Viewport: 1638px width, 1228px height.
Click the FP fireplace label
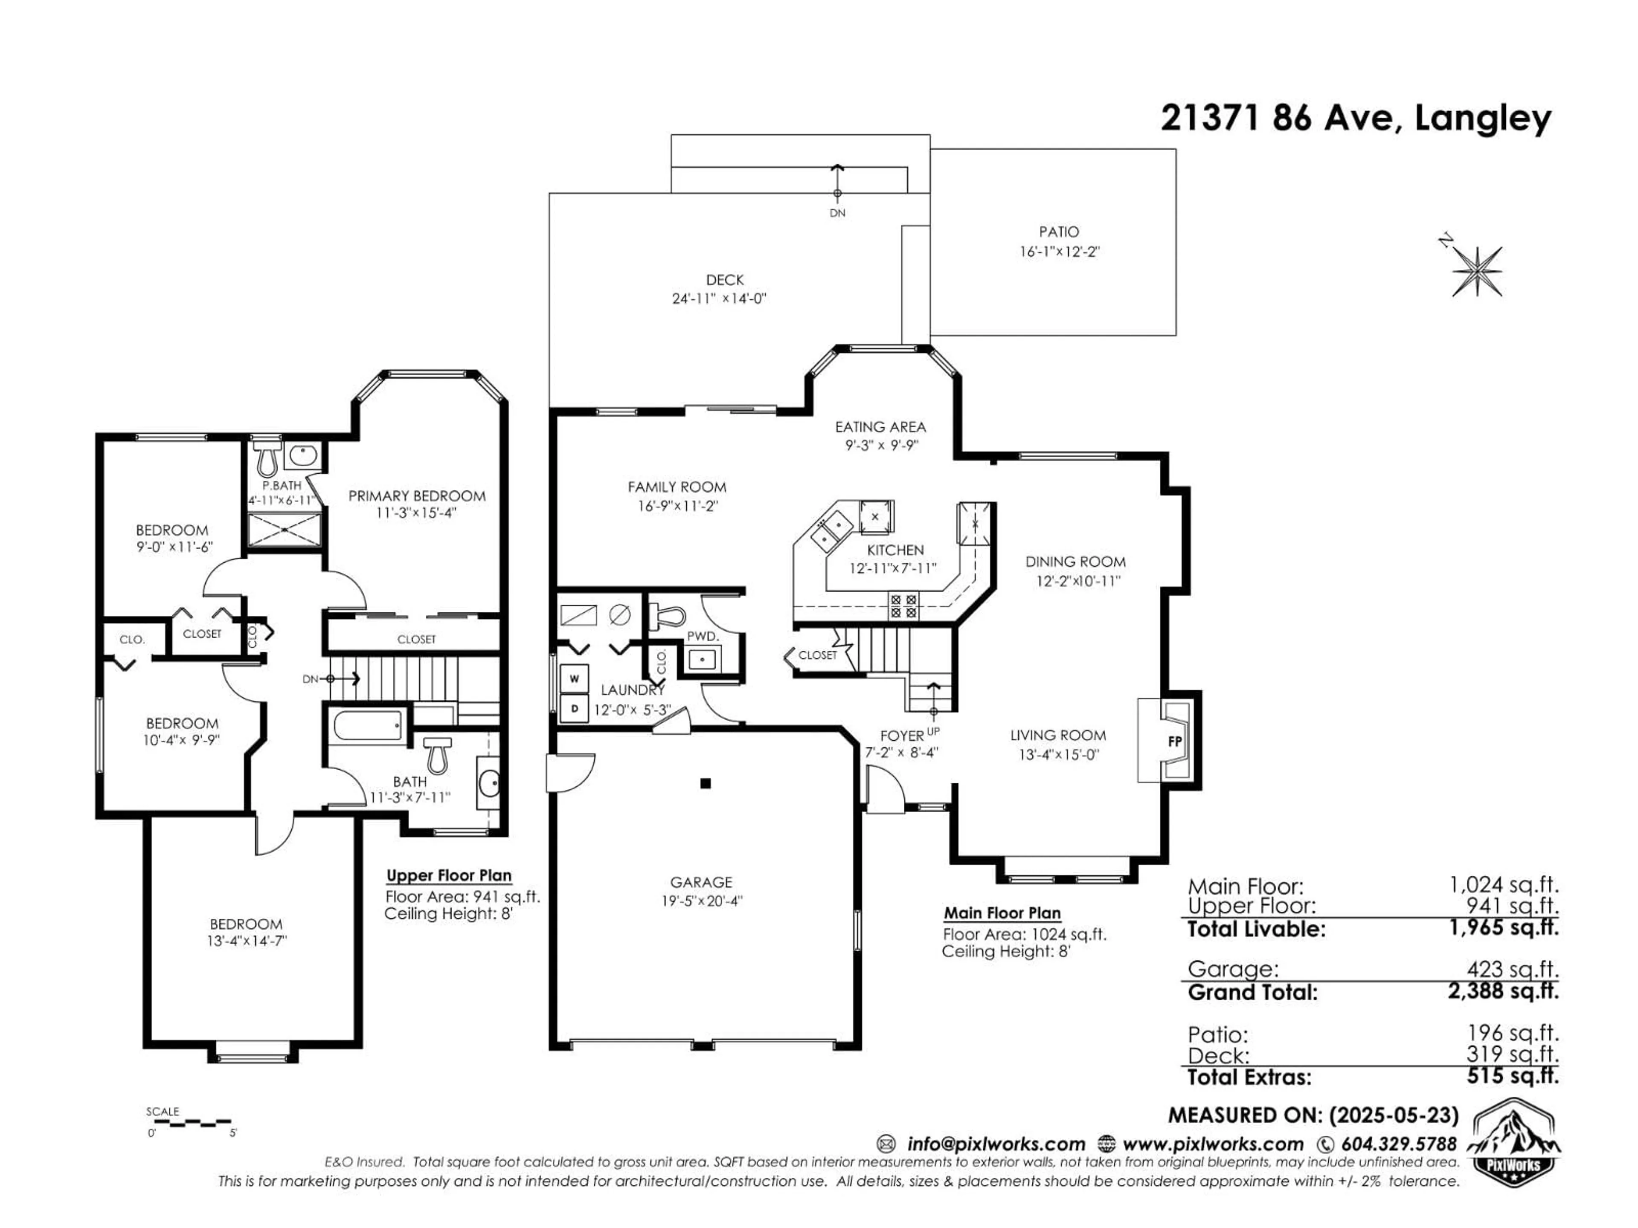pyautogui.click(x=1174, y=740)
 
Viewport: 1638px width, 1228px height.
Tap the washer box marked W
pyautogui.click(x=574, y=678)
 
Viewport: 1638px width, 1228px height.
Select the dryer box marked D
pyautogui.click(x=574, y=708)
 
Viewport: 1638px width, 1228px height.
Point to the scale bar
pyautogui.click(x=189, y=1123)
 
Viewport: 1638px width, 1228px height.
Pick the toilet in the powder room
pyautogui.click(x=666, y=616)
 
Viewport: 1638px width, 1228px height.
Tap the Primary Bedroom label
pyautogui.click(x=417, y=496)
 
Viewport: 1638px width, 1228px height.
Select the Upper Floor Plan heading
pyautogui.click(x=449, y=876)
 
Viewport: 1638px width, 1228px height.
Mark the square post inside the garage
pyautogui.click(x=706, y=783)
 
